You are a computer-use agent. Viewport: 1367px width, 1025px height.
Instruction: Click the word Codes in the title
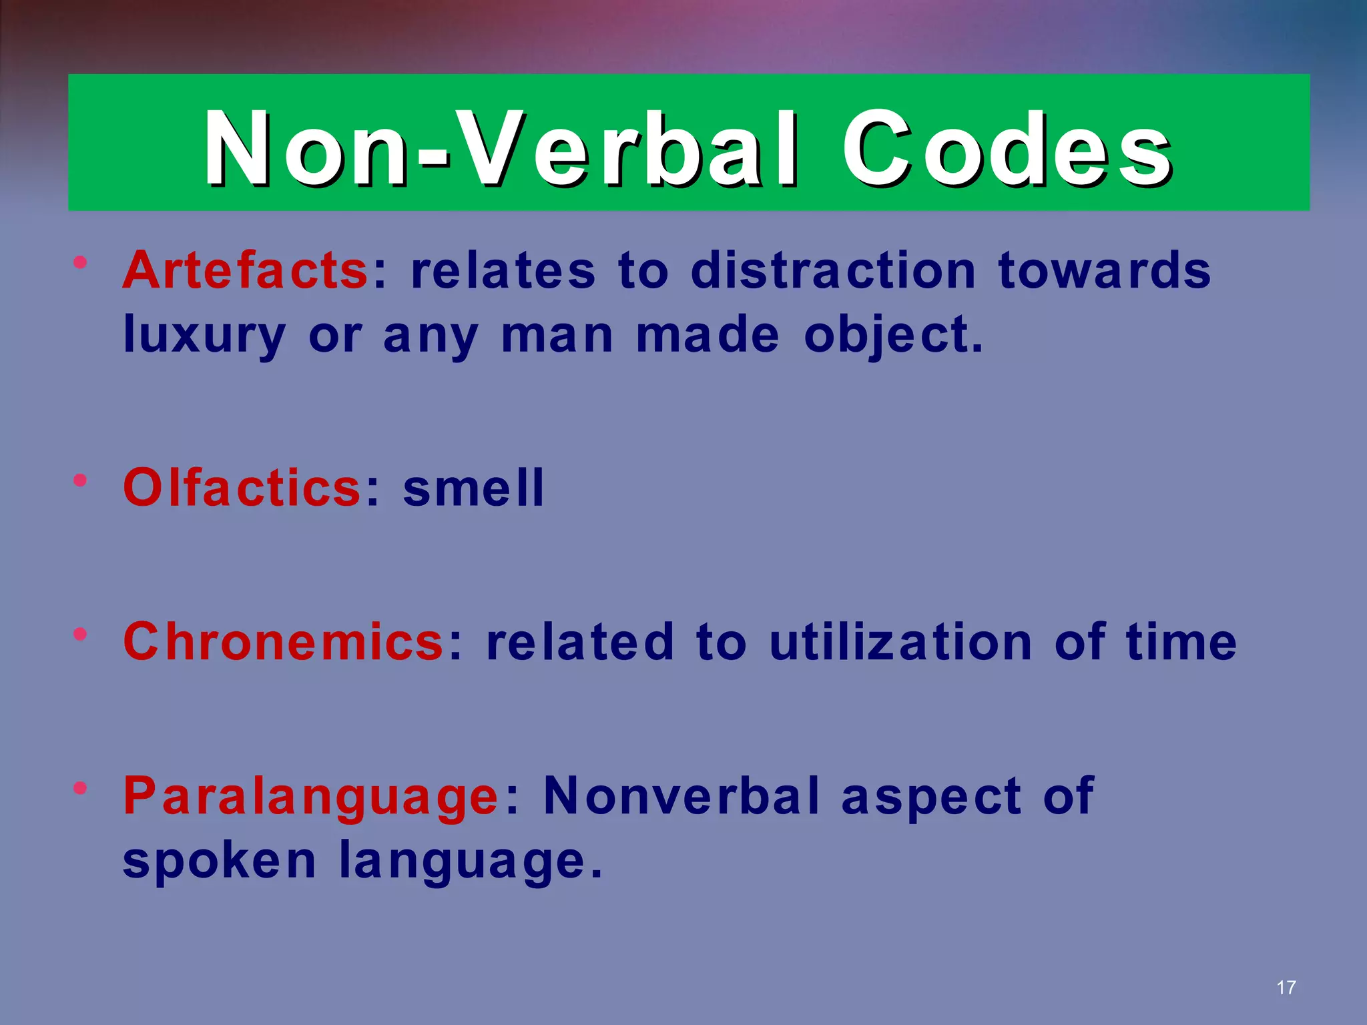[1006, 148]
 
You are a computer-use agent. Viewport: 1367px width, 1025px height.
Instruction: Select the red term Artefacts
[245, 270]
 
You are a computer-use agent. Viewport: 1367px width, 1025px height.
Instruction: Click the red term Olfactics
[242, 488]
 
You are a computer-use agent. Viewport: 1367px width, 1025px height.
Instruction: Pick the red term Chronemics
[284, 641]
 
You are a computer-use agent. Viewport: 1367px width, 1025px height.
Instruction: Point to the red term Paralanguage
[310, 797]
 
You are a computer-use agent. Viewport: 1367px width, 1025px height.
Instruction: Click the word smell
[474, 488]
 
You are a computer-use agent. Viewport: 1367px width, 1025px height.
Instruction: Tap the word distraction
[834, 270]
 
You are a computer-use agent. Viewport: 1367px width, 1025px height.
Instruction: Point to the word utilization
[901, 641]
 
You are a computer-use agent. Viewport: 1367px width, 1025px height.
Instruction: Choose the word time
[1181, 641]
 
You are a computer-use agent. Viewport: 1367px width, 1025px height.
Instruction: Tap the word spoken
[220, 861]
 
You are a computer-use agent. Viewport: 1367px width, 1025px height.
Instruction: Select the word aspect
[932, 797]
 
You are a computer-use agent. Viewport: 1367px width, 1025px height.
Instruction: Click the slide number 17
[1286, 988]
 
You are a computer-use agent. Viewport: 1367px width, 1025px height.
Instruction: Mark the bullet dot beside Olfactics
[81, 480]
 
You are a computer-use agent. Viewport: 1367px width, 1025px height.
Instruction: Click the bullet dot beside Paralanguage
[81, 788]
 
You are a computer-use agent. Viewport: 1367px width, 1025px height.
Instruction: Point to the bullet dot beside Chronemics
[81, 633]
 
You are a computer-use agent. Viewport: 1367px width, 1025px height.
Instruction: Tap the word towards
[1104, 270]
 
